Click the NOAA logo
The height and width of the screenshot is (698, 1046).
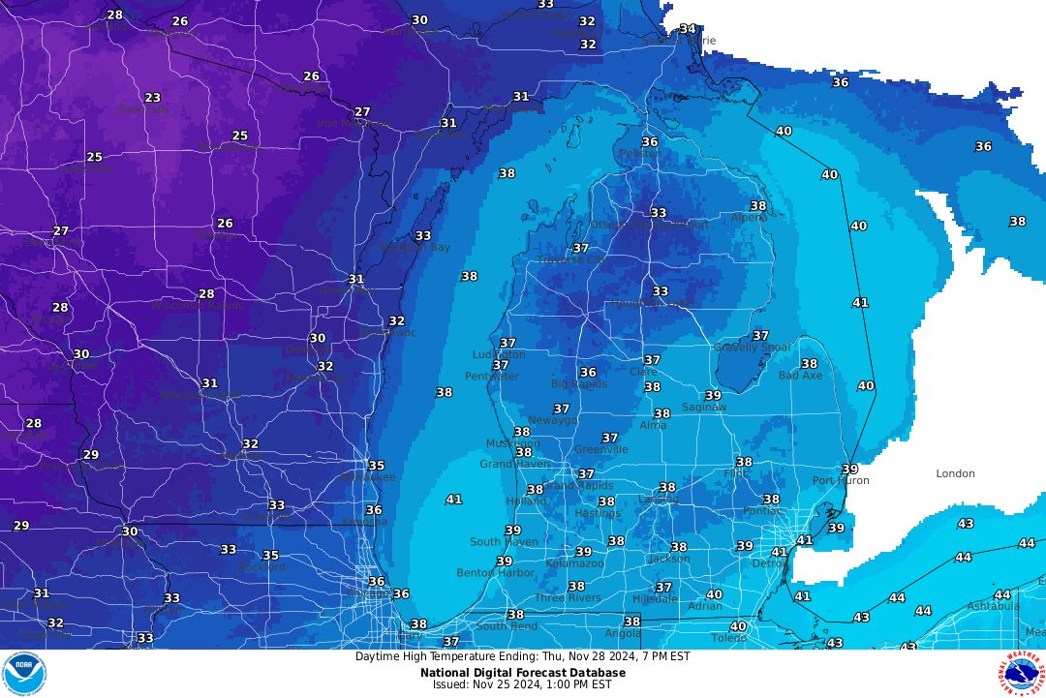(24, 673)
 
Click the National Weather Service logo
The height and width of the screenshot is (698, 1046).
(1021, 673)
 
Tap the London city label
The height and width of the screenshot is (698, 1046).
(955, 473)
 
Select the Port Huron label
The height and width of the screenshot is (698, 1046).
(840, 480)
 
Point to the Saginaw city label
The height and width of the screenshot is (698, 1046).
(704, 408)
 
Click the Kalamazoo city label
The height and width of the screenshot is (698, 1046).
(574, 562)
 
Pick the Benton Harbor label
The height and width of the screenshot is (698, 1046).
(495, 573)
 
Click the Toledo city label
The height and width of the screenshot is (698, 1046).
(728, 638)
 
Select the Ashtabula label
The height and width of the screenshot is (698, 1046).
(993, 606)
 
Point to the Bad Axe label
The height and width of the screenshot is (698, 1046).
(800, 375)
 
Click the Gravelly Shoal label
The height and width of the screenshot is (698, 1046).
(752, 347)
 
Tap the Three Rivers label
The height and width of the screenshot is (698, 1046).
(568, 597)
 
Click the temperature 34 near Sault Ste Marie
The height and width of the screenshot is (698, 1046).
(687, 29)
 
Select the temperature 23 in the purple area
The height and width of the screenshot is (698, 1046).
(152, 98)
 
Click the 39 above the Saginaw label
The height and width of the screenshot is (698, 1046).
(713, 395)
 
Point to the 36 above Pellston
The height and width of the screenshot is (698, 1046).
(649, 141)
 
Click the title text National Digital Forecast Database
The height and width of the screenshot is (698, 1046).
(522, 672)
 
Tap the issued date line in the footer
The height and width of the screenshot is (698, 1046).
(522, 684)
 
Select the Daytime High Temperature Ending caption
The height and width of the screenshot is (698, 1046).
(522, 656)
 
